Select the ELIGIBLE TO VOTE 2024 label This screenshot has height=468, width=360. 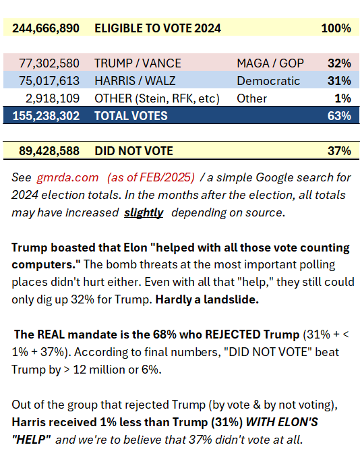point(158,28)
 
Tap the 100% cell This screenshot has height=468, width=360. point(336,28)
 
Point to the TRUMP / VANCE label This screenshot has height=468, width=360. point(138,63)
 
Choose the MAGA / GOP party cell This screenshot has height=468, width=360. point(270,63)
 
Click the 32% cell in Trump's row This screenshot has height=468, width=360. point(339,63)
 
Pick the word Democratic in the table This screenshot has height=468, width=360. point(268,81)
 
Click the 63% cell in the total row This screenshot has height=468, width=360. point(339,115)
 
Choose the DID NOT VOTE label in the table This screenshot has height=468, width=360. point(133,150)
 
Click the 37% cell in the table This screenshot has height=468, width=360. point(339,150)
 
